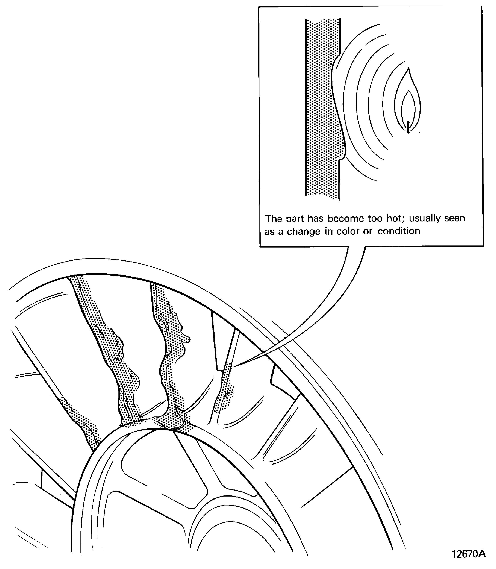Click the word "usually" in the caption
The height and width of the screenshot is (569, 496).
[425, 219]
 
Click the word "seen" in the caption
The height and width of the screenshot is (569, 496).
[455, 218]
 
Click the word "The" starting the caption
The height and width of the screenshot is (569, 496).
[273, 219]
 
